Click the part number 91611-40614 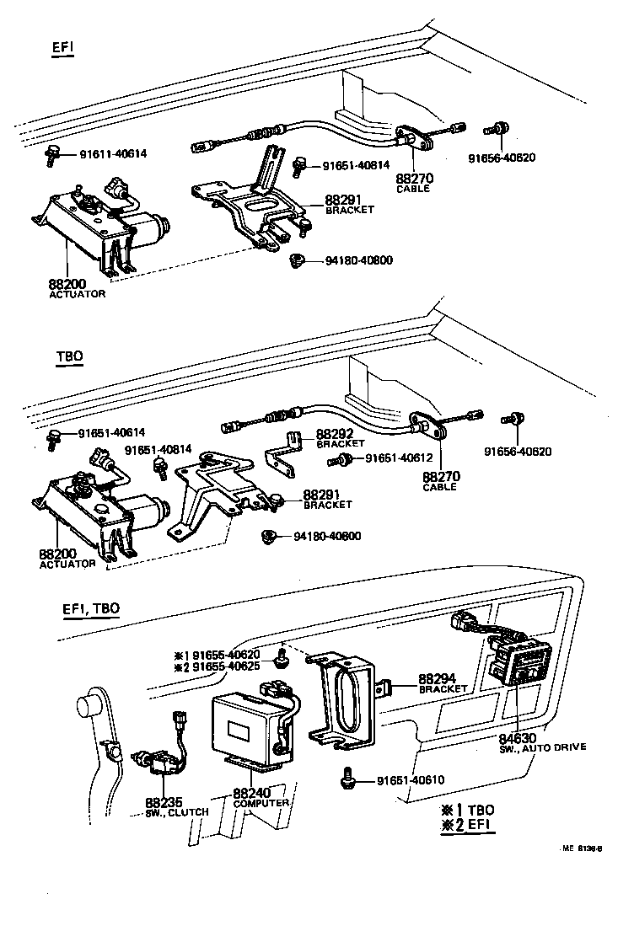[x=113, y=153]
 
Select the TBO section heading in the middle [x=69, y=356]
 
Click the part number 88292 [x=333, y=435]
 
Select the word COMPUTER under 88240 [x=261, y=803]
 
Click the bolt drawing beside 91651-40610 [x=347, y=780]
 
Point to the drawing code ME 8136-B [x=581, y=848]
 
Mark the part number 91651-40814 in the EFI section [x=357, y=165]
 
